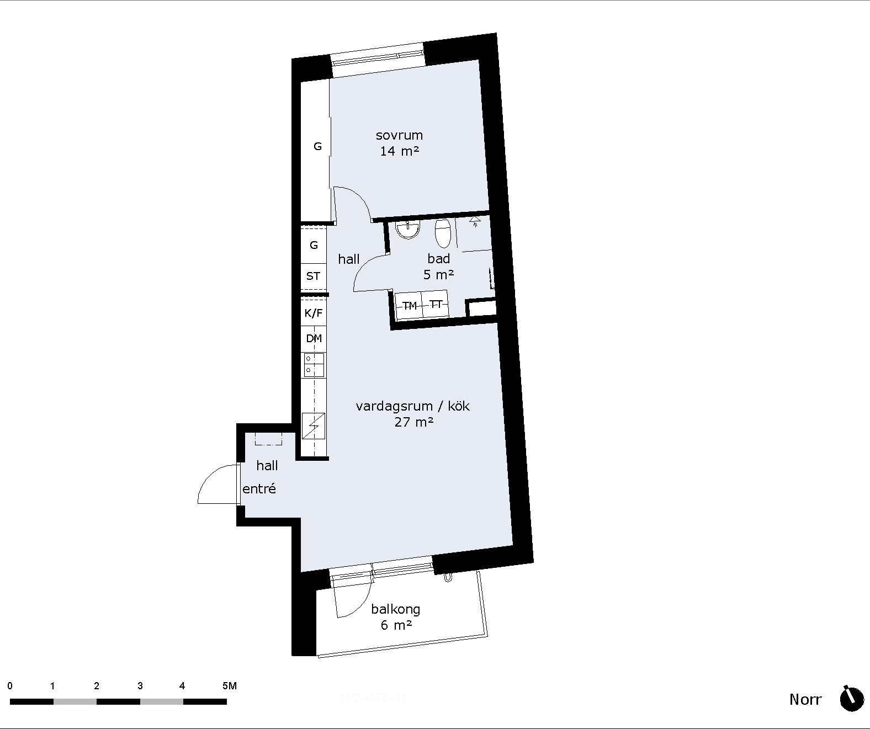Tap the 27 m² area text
click(x=414, y=422)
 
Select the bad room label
click(x=438, y=259)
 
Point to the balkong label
click(x=395, y=609)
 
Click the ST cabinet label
click(x=313, y=276)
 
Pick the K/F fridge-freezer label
click(x=314, y=313)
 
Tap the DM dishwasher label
click(x=314, y=338)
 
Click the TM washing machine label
click(x=410, y=306)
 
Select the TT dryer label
click(x=436, y=305)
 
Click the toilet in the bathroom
click(x=443, y=233)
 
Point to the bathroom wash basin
click(x=407, y=230)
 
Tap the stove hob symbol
click(x=314, y=365)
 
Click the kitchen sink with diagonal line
click(x=314, y=425)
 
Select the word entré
click(x=259, y=488)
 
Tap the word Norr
click(x=805, y=700)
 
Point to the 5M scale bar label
click(x=230, y=686)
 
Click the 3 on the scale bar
click(x=140, y=686)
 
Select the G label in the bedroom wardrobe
click(x=317, y=146)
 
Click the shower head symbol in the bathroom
click(x=475, y=221)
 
